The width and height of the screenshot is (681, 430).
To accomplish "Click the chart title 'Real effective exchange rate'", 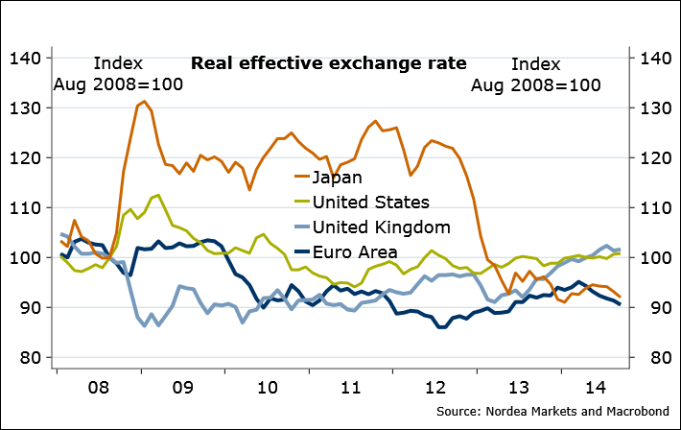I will click(x=329, y=64).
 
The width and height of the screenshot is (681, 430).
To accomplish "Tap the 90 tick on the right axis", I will click(x=647, y=308).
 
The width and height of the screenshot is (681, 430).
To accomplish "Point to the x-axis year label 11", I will click(x=350, y=388).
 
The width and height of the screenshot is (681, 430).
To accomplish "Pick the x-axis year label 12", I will click(x=434, y=388).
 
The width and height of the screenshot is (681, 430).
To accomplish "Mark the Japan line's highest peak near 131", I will click(x=144, y=101).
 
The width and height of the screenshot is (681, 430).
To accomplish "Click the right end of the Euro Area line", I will click(x=619, y=304).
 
